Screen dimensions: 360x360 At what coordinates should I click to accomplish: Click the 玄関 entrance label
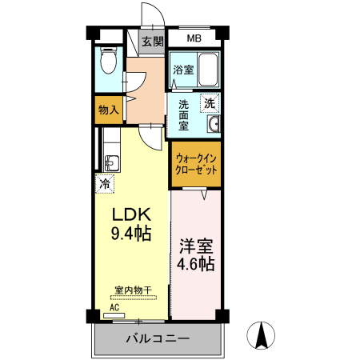tap(152, 42)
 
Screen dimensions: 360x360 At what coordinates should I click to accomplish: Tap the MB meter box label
tap(194, 38)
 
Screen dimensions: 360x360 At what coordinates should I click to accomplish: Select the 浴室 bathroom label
tap(182, 70)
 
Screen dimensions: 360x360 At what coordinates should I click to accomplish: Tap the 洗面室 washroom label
tap(183, 114)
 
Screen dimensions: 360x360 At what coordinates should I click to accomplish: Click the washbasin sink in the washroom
tap(214, 124)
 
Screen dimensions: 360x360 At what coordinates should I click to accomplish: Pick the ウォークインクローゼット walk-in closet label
tap(196, 164)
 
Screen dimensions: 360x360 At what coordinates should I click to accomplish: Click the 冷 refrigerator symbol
tap(104, 183)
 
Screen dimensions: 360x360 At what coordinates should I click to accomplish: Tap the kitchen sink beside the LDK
tap(110, 162)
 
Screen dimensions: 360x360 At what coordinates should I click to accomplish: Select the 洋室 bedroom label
tap(196, 246)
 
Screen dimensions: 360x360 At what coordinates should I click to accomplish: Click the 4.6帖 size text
tap(196, 265)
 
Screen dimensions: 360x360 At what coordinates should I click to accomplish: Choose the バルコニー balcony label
tap(158, 338)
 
